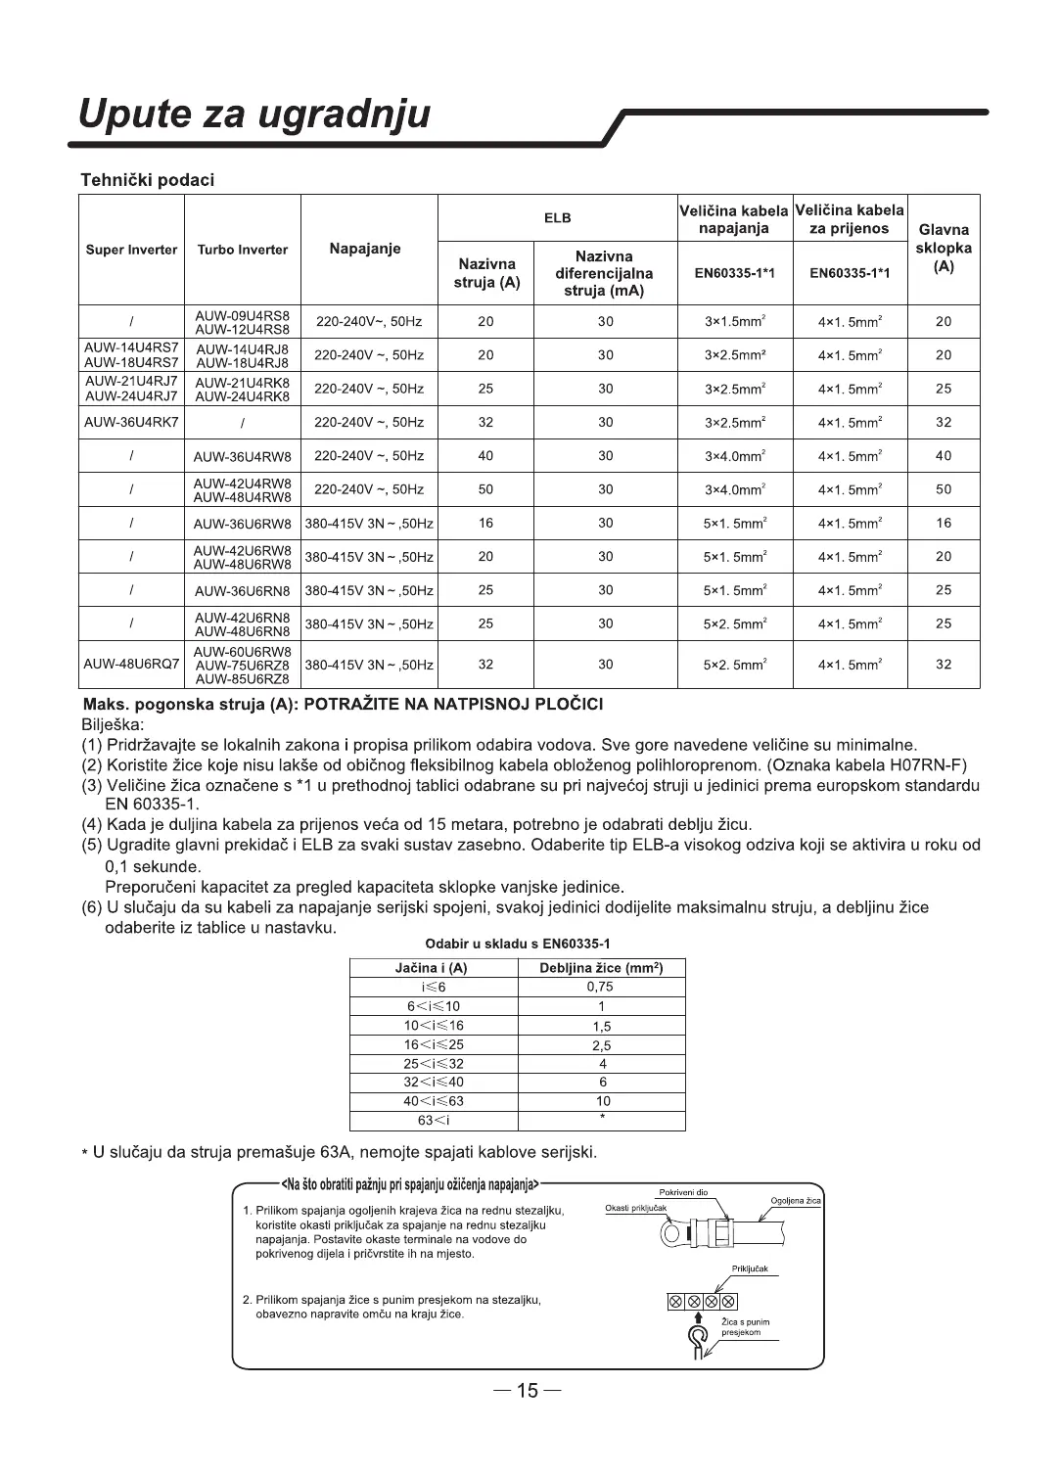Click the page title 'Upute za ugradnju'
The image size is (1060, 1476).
(253, 115)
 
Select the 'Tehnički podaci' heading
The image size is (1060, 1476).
(147, 180)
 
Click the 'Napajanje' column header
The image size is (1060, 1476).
(365, 249)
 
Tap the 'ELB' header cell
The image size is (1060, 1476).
(557, 218)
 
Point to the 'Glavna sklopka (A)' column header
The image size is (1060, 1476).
(944, 249)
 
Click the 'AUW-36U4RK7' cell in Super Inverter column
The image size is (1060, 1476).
(131, 422)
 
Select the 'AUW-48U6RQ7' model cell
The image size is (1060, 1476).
(131, 664)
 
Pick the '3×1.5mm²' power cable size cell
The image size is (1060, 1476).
(734, 321)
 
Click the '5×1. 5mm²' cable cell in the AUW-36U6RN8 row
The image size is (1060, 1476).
(734, 590)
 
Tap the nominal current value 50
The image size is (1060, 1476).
(485, 489)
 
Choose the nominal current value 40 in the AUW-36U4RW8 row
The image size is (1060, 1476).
(485, 455)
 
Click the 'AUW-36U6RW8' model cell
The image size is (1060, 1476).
(242, 524)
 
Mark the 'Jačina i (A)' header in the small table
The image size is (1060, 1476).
(431, 968)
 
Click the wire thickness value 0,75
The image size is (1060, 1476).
(600, 987)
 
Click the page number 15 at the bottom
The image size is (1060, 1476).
(528, 1391)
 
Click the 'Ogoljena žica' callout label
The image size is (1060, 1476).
(796, 1201)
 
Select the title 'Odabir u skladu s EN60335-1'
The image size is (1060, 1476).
(517, 944)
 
